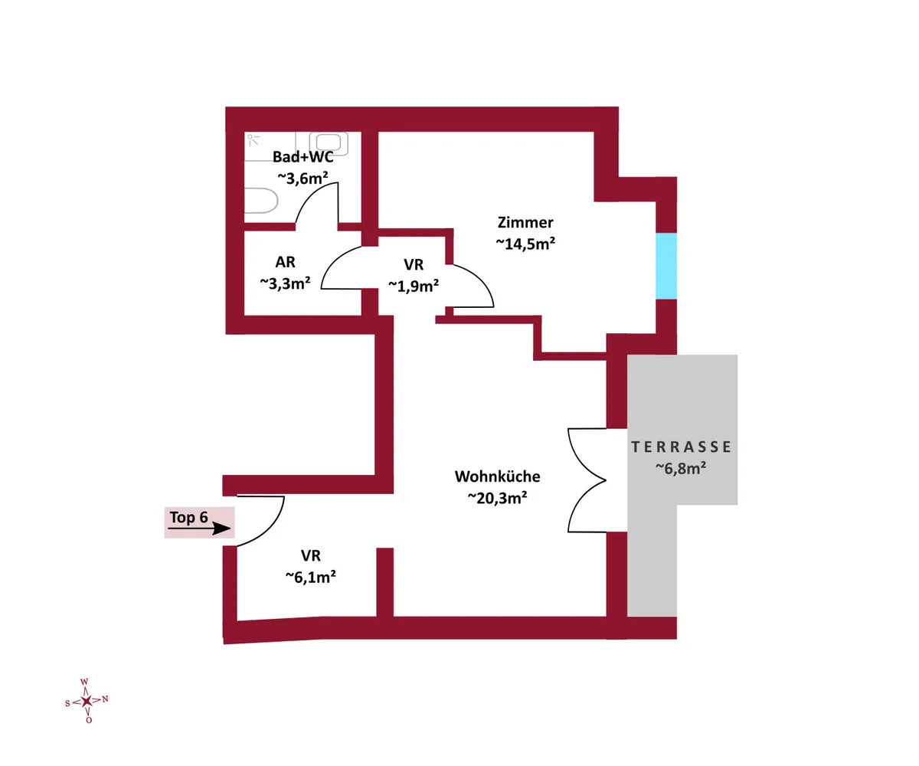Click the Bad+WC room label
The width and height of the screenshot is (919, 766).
(x=303, y=157)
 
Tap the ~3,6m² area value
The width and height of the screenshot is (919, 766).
(x=303, y=178)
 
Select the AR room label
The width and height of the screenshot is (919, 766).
(x=285, y=263)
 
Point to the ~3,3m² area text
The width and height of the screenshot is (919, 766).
(x=285, y=283)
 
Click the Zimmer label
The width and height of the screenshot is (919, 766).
(x=525, y=222)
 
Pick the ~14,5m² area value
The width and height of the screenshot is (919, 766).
(x=525, y=244)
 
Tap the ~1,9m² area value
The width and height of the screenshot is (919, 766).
(x=414, y=286)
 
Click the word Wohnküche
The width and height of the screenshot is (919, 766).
(x=497, y=476)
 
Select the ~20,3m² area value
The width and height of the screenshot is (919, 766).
(x=497, y=497)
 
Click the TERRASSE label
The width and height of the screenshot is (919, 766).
(x=681, y=447)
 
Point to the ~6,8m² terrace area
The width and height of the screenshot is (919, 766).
(x=681, y=468)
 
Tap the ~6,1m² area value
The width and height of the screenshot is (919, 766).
(x=311, y=577)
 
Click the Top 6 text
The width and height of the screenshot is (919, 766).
(x=189, y=517)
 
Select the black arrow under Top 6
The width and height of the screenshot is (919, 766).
(x=199, y=529)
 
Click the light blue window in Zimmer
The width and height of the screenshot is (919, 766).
(x=666, y=267)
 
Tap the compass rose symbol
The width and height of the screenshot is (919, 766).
(x=87, y=701)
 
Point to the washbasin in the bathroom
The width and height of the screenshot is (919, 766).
(x=329, y=143)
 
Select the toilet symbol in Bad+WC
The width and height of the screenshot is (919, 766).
(x=261, y=201)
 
